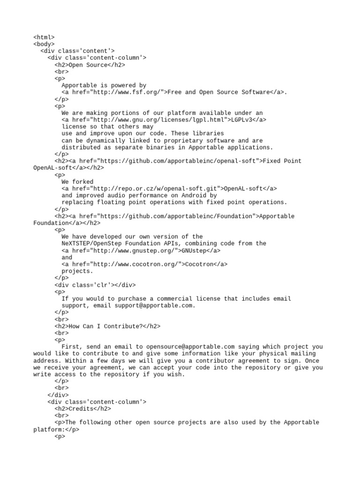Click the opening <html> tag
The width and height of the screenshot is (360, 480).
tap(44, 37)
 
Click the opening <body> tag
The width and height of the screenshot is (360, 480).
tap(44, 45)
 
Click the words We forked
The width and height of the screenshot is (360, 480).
tap(77, 182)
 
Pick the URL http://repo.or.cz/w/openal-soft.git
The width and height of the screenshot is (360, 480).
tap(156, 188)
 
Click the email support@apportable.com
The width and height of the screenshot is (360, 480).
tap(154, 306)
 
